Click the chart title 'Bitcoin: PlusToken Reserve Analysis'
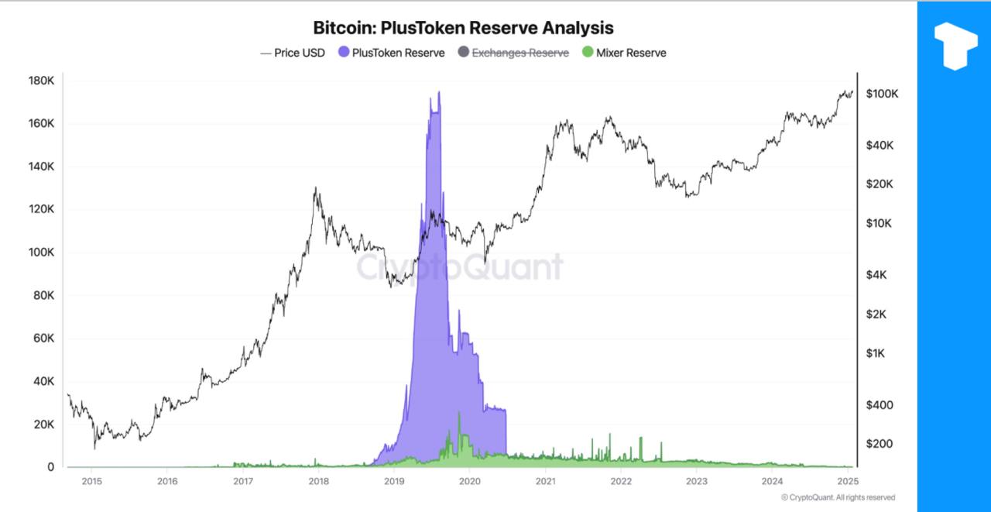click(463, 28)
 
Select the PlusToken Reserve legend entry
click(392, 53)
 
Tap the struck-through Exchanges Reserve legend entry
click(513, 53)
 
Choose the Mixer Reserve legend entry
click(624, 53)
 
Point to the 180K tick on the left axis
click(40, 81)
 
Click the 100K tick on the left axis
click(40, 253)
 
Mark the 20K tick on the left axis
click(43, 424)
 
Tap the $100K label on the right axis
click(882, 94)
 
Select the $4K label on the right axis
click(879, 275)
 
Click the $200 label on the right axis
click(879, 444)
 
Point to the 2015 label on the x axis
click(91, 481)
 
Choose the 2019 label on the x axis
click(394, 481)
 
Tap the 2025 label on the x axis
click(848, 481)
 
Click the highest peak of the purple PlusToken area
click(439, 92)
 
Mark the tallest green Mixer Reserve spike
click(459, 414)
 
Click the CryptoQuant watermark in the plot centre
click(459, 267)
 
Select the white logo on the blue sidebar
click(955, 45)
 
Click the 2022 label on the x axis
click(621, 481)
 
